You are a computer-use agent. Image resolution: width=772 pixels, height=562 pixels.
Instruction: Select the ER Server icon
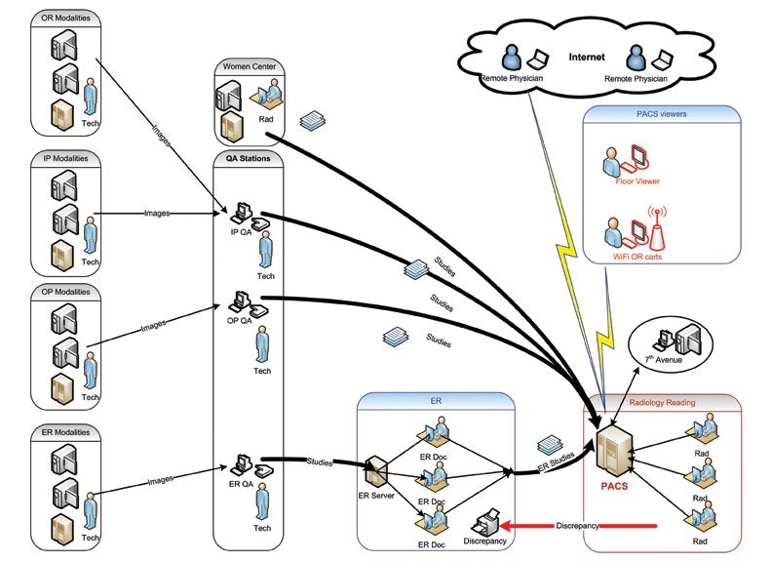[x=376, y=475]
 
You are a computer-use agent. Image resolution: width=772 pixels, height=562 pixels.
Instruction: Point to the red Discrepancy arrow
[x=585, y=526]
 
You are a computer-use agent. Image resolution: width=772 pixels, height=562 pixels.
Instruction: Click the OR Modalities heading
[x=67, y=19]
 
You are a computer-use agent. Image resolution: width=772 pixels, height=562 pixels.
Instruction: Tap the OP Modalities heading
[x=67, y=293]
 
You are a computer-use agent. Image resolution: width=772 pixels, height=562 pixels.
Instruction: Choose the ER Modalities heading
[x=67, y=432]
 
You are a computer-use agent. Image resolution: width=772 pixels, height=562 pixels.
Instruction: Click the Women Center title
[x=248, y=66]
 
